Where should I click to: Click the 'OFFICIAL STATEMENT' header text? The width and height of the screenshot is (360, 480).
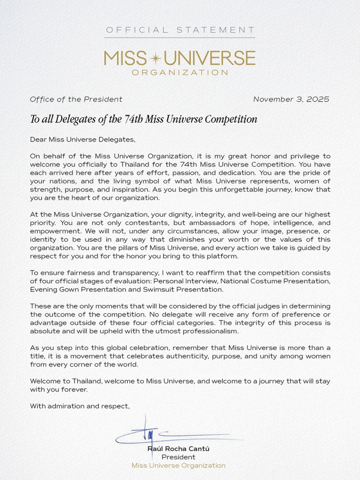[x=180, y=30]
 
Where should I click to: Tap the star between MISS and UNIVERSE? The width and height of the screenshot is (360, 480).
[x=156, y=58]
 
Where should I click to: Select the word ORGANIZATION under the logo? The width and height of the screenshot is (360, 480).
[x=180, y=72]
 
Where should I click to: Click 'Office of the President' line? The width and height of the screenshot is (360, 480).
[x=76, y=99]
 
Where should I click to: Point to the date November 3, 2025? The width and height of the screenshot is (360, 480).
[x=291, y=99]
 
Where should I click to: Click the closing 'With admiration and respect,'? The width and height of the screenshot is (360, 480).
[x=80, y=406]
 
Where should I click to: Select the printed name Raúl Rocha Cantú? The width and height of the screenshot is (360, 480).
[x=178, y=449]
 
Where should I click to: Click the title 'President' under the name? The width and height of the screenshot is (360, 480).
[x=178, y=457]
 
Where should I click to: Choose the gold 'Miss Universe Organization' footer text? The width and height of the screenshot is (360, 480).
[x=178, y=466]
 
